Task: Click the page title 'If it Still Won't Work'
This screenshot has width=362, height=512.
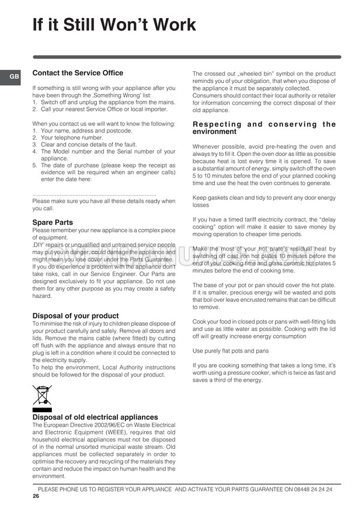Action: [x=114, y=25]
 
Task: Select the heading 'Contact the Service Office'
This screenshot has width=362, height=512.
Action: [x=78, y=73]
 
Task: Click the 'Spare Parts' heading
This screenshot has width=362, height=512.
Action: [x=53, y=222]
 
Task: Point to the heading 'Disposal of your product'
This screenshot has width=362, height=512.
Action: [x=75, y=316]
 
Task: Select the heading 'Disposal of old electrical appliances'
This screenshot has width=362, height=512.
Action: [x=95, y=417]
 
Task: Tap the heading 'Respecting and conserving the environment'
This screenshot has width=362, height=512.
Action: [x=264, y=128]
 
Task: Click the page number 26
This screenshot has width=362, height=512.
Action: [x=36, y=497]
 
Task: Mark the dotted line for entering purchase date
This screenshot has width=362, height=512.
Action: [x=94, y=194]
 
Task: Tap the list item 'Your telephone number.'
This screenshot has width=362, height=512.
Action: [x=68, y=137]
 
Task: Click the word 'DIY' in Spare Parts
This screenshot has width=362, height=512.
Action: [x=39, y=245]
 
